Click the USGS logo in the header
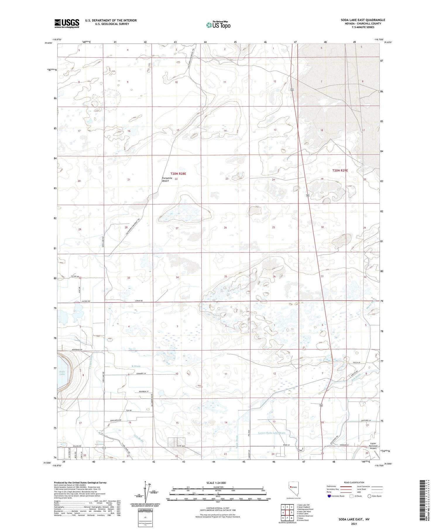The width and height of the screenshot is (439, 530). [67, 23]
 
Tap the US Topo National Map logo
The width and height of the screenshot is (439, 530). [218, 25]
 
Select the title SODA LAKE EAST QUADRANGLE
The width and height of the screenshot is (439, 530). [363, 20]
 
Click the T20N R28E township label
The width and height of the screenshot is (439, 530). [178, 174]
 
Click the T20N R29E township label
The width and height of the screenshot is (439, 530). [340, 170]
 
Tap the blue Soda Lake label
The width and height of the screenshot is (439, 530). [62, 373]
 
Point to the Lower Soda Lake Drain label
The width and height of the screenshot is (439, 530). [272, 433]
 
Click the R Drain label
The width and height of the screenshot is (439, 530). [136, 366]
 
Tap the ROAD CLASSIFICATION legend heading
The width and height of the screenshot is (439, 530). [354, 482]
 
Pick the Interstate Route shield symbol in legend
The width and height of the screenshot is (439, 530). [329, 496]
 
